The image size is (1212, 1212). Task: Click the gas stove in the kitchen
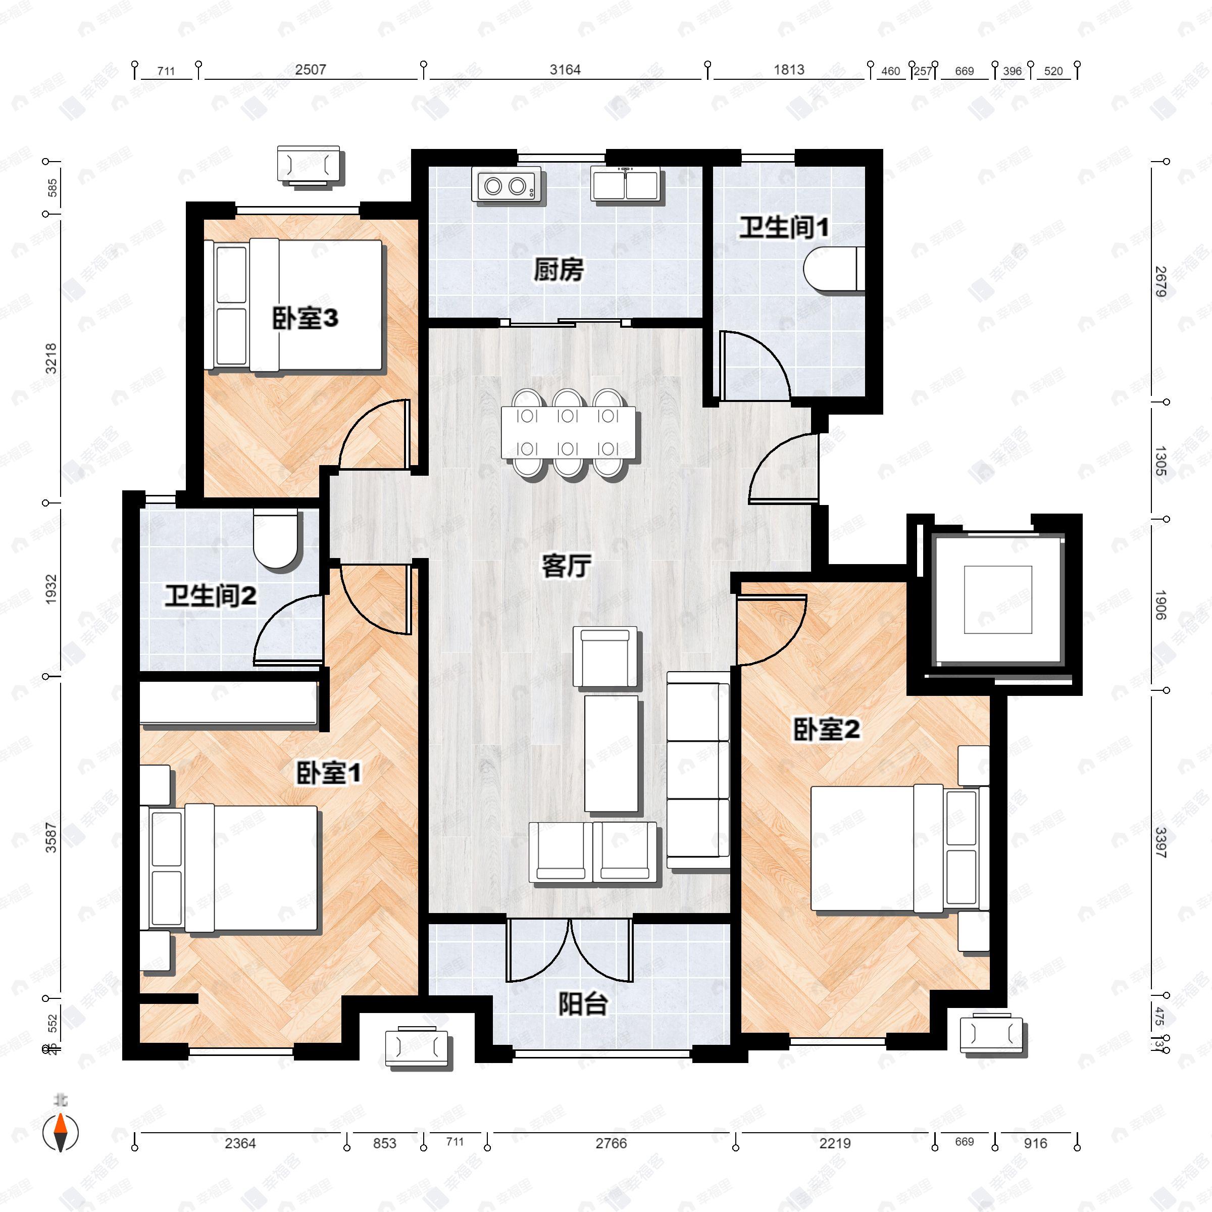point(506,185)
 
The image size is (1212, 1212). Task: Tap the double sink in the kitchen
point(626,184)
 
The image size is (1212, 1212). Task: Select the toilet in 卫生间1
point(834,270)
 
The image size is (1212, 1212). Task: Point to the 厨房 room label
point(559,270)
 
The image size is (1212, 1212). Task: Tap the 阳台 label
point(583,1004)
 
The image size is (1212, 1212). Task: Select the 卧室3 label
point(305,319)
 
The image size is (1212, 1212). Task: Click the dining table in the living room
point(568,433)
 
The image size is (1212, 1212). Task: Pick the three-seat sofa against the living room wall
point(697,770)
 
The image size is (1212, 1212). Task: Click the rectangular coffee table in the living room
point(611,753)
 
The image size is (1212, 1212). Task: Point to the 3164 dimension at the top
point(565,70)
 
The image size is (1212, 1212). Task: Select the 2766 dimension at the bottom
point(611,1143)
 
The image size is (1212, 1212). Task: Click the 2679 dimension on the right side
point(1160,282)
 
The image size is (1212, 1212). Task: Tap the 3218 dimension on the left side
point(51,359)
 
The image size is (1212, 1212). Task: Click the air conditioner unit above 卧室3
point(309,166)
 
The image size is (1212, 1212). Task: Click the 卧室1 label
point(329,773)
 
